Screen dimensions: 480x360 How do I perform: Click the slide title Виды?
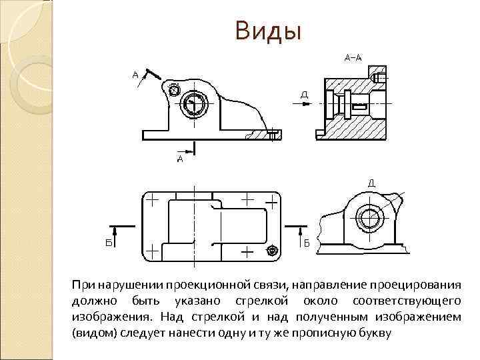tap(268, 31)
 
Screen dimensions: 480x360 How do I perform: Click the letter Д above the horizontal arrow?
tap(304, 94)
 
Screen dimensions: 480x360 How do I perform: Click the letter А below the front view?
tap(180, 159)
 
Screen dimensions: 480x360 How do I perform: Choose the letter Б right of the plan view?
tap(307, 243)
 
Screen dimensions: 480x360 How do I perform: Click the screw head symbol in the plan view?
tap(272, 251)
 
